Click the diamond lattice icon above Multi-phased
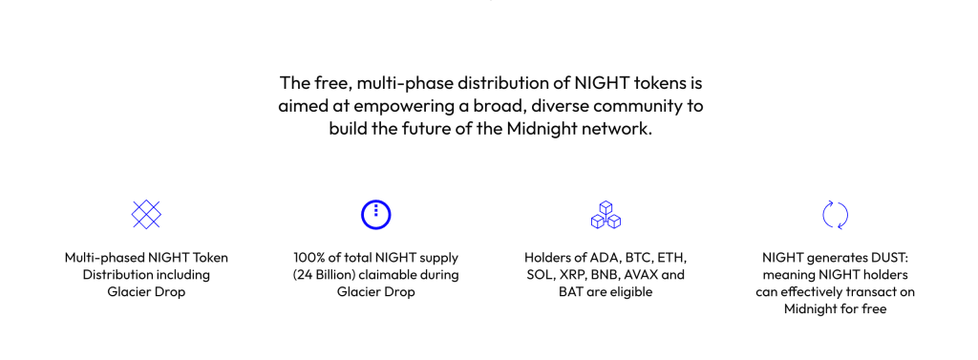[146, 215]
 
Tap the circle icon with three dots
[375, 215]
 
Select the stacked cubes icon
[605, 215]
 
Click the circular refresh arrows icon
[835, 215]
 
